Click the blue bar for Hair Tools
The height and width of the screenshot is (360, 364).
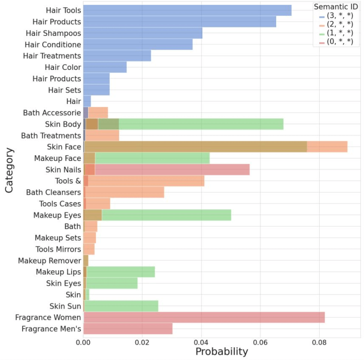(x=187, y=11)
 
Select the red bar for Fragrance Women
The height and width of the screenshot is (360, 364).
(x=204, y=317)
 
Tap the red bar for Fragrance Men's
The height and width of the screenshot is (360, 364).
(x=128, y=329)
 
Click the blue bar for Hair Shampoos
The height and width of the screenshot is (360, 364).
(x=143, y=33)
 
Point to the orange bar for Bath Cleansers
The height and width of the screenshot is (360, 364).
(x=124, y=193)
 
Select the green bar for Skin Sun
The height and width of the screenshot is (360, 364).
(x=121, y=306)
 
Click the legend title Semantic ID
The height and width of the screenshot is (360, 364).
(x=335, y=7)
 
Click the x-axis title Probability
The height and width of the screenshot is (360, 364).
(x=221, y=352)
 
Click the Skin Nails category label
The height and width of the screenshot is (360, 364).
(x=63, y=170)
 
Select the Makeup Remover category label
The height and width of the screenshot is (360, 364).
(x=49, y=261)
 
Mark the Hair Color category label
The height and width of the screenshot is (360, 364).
(x=63, y=68)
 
